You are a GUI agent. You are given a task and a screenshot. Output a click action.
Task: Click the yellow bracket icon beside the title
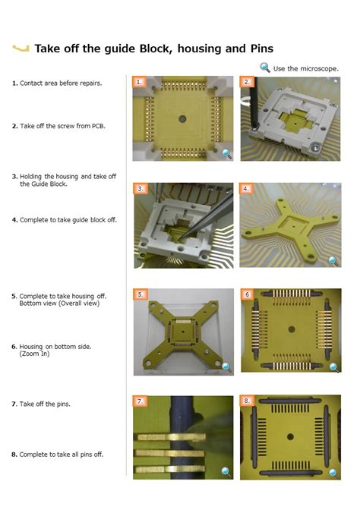tap(21, 49)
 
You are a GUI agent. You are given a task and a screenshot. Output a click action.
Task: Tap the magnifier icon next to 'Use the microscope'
tap(265, 68)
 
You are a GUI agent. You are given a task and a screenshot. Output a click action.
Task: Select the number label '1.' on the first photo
tap(139, 81)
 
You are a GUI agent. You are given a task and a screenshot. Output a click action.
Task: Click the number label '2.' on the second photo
tap(247, 81)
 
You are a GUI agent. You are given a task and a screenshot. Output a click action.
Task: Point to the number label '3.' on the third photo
tap(141, 188)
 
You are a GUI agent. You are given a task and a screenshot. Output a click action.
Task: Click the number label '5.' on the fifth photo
tap(141, 294)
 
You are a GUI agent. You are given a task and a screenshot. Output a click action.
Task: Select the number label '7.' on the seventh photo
tap(140, 400)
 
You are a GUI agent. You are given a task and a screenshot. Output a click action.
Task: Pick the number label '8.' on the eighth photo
tap(247, 400)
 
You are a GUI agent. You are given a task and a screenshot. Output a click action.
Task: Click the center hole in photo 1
tap(183, 119)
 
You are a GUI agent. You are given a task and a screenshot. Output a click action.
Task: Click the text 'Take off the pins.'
tap(45, 404)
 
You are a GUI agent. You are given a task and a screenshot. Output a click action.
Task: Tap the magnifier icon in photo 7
tap(226, 472)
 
